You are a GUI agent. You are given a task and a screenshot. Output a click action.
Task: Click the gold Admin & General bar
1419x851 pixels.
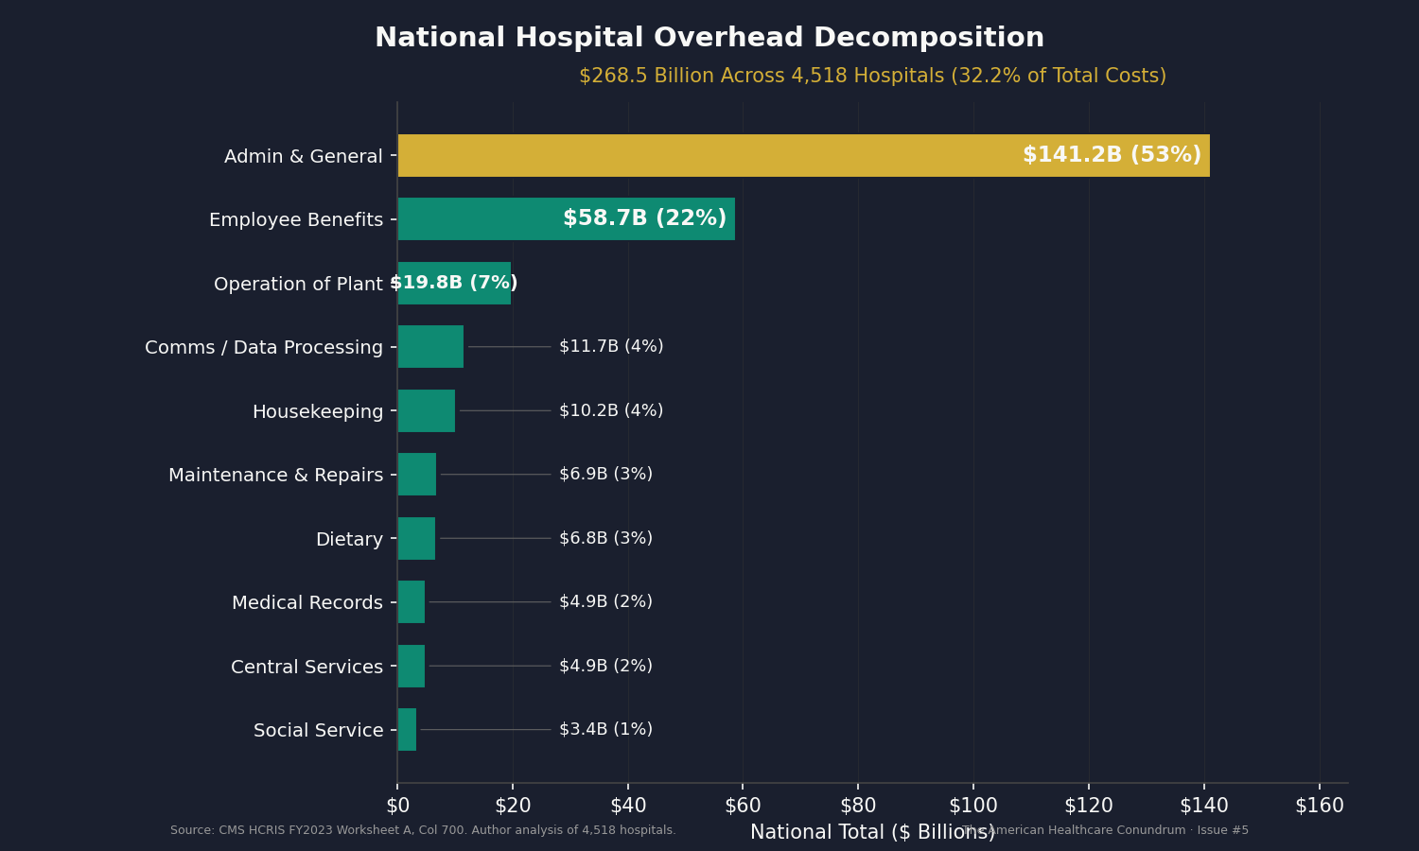(x=709, y=155)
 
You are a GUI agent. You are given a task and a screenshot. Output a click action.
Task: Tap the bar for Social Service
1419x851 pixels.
(x=407, y=729)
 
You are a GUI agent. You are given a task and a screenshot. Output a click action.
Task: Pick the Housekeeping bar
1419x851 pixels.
(x=427, y=410)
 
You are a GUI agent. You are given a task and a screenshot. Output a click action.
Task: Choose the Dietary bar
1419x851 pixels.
(x=416, y=538)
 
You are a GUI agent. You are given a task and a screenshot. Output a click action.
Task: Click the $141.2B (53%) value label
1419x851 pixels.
(x=1112, y=155)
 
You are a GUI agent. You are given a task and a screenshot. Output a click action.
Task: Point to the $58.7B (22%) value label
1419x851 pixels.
(x=644, y=218)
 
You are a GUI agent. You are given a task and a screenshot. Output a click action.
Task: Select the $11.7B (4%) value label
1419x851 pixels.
(x=611, y=346)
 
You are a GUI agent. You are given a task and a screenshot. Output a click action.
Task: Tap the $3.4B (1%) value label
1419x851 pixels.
(x=605, y=729)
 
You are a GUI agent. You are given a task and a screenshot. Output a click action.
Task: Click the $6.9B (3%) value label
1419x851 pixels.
(x=605, y=474)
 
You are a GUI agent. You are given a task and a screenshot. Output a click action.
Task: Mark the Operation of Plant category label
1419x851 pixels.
(x=298, y=284)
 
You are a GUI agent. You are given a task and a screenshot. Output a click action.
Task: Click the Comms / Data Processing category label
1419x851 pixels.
(x=264, y=347)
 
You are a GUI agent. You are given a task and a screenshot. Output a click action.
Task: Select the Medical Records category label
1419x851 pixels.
(x=307, y=602)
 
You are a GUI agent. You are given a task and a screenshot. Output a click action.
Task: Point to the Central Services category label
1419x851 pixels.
(x=307, y=667)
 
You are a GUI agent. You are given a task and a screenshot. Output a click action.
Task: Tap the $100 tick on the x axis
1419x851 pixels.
(x=973, y=805)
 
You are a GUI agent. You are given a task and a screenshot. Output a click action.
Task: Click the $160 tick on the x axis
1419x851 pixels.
(x=1319, y=805)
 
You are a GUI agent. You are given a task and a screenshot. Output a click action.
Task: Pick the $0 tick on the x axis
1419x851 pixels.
(x=397, y=805)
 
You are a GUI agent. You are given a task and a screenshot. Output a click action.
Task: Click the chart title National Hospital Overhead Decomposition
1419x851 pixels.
(x=709, y=38)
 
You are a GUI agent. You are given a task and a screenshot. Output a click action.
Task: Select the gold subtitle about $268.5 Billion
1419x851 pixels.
(x=872, y=76)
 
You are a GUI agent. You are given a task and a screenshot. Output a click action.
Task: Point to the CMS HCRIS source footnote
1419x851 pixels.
(x=423, y=830)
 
